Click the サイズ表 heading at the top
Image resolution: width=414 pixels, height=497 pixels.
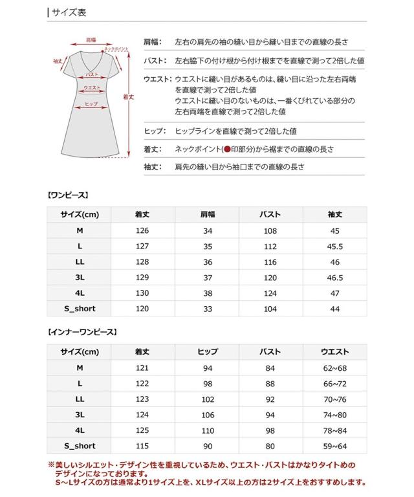69,12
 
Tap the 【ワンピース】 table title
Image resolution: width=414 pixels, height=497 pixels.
68,194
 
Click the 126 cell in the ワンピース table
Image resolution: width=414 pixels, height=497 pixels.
142,231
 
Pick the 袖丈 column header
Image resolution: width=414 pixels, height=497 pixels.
335,215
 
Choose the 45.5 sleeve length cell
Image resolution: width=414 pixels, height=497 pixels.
335,247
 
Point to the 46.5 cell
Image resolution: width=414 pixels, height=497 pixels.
335,278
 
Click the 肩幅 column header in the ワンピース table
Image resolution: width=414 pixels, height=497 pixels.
207,215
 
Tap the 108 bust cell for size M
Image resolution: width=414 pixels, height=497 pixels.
270,231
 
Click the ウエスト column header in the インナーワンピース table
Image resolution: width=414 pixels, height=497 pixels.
335,352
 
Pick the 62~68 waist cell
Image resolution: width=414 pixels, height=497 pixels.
335,368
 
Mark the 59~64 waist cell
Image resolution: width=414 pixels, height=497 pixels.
335,446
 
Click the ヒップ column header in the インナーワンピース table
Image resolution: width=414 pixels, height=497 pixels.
207,352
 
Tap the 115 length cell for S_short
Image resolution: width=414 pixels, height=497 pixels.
142,446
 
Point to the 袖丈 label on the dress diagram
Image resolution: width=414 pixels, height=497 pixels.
58,61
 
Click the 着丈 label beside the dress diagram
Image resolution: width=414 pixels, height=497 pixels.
128,96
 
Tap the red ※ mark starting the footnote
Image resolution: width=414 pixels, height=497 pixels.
51,465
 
